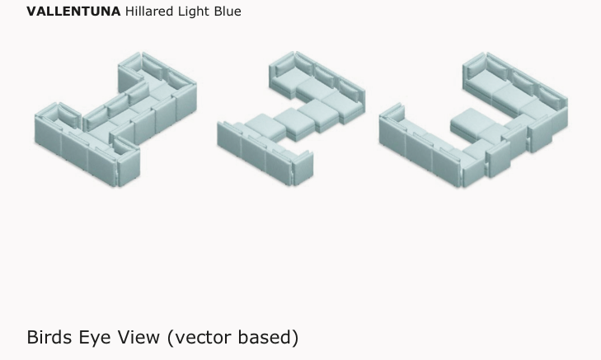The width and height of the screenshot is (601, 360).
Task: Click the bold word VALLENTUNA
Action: coord(73,11)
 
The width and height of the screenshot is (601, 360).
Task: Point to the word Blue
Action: coord(228,11)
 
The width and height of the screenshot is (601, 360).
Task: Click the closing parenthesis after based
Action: coord(295,339)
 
